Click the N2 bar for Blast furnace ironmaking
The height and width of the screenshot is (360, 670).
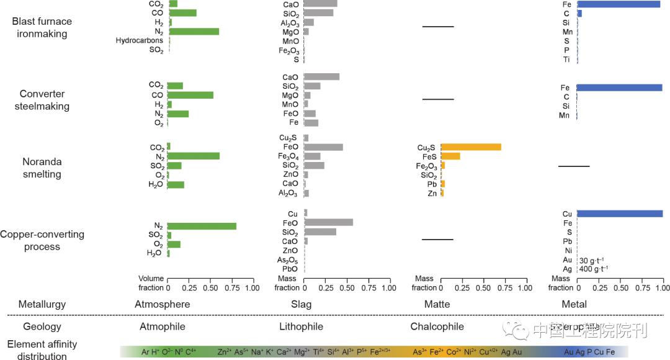tap(194, 32)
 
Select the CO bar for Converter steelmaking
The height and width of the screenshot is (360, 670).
tap(190, 95)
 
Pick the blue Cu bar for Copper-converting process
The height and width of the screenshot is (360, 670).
tap(620, 214)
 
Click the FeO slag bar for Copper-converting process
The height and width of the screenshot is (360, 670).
tap(329, 222)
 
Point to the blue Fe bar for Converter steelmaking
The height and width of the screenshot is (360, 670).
tap(620, 88)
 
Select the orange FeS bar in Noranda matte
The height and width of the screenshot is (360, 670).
tap(450, 156)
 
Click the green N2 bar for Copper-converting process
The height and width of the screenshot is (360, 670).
tap(202, 226)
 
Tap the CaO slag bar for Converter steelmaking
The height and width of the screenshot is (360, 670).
tap(322, 77)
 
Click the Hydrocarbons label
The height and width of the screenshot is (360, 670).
tap(140, 41)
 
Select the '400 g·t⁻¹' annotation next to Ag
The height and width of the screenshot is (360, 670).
tap(594, 269)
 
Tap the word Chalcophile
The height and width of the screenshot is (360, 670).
tap(437, 326)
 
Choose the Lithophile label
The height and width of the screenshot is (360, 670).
tap(301, 326)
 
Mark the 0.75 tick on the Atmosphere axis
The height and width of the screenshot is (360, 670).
tap(231, 288)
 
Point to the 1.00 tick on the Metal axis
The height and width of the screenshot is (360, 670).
tap(663, 288)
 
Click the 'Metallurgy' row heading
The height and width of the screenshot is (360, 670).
tap(42, 305)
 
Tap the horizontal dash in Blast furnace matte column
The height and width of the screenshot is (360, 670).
tap(438, 27)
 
